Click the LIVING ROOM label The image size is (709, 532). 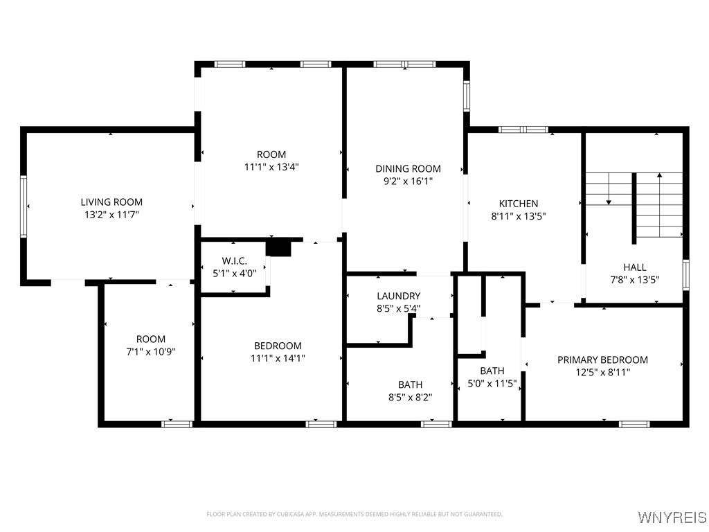(111, 202)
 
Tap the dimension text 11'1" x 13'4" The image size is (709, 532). (271, 167)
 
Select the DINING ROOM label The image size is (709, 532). (408, 168)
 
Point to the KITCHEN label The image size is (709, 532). (519, 204)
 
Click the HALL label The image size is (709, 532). (634, 267)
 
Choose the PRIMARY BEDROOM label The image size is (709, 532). (602, 360)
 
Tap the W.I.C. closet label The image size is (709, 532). (234, 260)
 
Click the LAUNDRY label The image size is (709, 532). (398, 296)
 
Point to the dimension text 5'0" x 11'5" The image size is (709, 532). (492, 382)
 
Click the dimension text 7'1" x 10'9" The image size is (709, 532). (150, 351)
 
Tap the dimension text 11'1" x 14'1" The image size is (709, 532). (278, 358)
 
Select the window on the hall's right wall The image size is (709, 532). (685, 274)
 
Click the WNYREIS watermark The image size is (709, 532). (672, 517)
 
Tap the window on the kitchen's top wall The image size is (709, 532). (523, 130)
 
